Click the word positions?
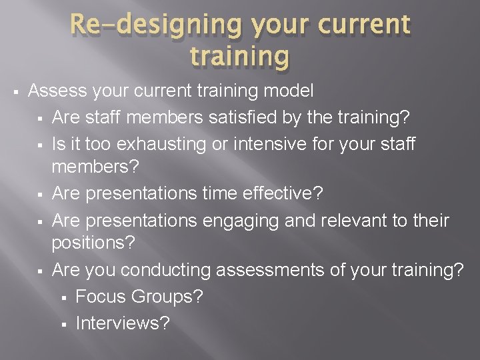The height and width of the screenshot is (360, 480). coord(94,243)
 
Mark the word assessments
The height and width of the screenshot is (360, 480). coord(271,269)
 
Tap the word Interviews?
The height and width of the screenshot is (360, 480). coord(123,323)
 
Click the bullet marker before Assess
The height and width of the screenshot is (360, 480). coord(12,90)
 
